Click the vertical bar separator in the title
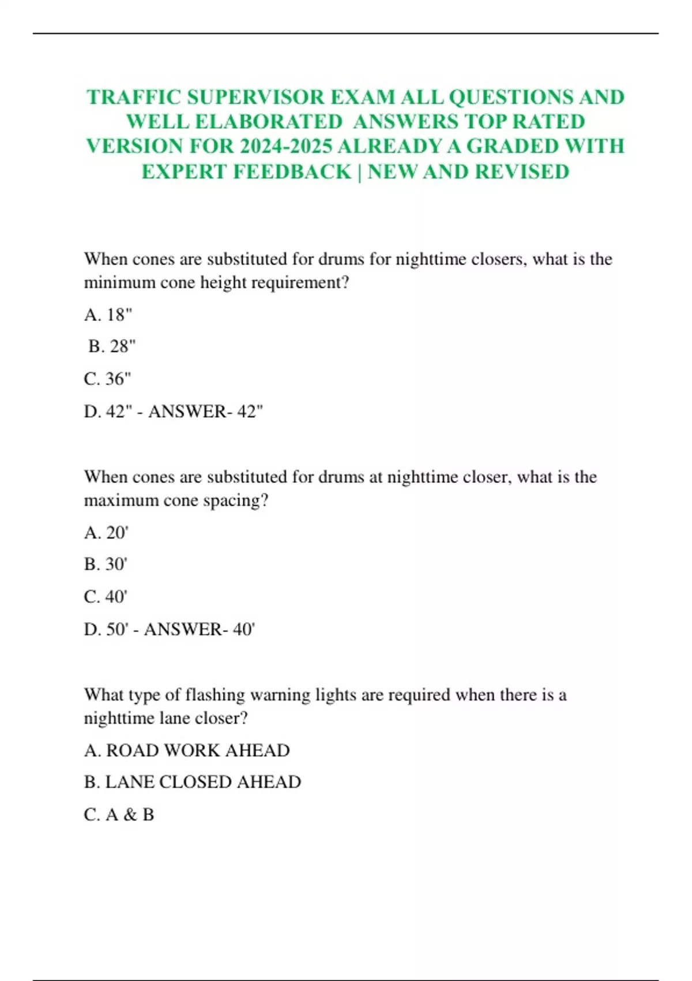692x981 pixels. (x=360, y=171)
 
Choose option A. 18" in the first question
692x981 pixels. (x=108, y=314)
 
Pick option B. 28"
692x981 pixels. (x=112, y=346)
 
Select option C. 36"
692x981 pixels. (x=107, y=379)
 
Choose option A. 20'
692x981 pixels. (x=106, y=532)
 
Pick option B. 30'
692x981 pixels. (x=106, y=564)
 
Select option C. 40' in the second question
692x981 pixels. (x=106, y=597)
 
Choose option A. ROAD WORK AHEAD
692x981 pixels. (x=187, y=750)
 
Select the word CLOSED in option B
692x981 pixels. (x=195, y=782)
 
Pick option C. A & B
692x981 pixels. (x=119, y=815)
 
